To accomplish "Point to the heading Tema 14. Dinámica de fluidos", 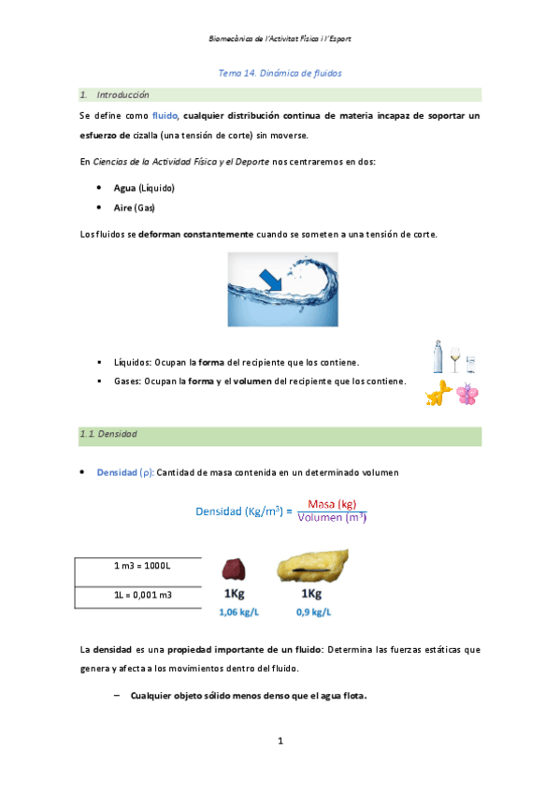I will click(x=280, y=72).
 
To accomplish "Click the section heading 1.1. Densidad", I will click(x=110, y=435).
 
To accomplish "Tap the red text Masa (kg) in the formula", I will click(x=337, y=503).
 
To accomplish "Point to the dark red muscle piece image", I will click(x=233, y=570).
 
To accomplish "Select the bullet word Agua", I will click(x=124, y=187).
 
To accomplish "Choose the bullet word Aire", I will click(x=123, y=207).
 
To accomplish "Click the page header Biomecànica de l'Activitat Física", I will click(x=280, y=39).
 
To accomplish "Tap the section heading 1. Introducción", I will click(x=115, y=95).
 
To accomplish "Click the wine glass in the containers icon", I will click(x=455, y=358).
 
